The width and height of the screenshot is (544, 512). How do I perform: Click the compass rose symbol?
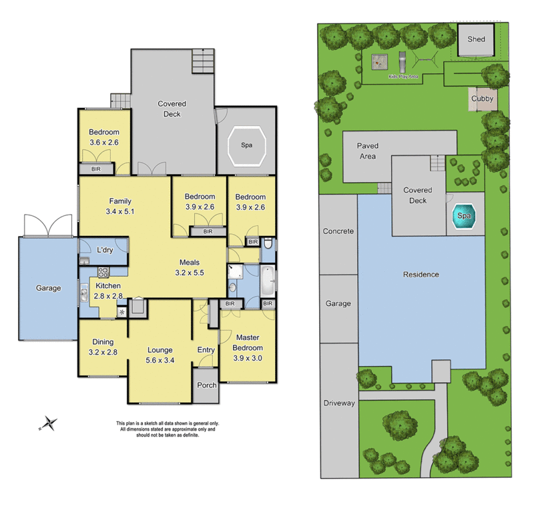[48, 423]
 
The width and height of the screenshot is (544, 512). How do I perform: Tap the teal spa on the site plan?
[463, 217]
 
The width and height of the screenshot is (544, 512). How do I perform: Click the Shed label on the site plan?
[476, 39]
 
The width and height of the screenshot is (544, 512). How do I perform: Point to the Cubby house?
[482, 99]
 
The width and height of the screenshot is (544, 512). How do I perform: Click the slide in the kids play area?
[403, 62]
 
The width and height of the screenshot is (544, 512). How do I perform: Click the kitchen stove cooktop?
[104, 272]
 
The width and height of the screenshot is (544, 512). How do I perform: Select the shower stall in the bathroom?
[235, 270]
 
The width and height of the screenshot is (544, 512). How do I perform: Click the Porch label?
[207, 386]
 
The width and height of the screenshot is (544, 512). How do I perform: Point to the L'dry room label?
[104, 250]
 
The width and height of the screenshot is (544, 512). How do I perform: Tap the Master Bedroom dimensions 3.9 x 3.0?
[247, 357]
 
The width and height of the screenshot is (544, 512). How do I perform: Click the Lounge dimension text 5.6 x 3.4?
[160, 360]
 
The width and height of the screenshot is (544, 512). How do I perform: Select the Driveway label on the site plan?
[338, 403]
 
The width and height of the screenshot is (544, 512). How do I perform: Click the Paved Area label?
[367, 151]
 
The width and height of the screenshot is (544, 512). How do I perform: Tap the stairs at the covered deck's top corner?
[202, 61]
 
